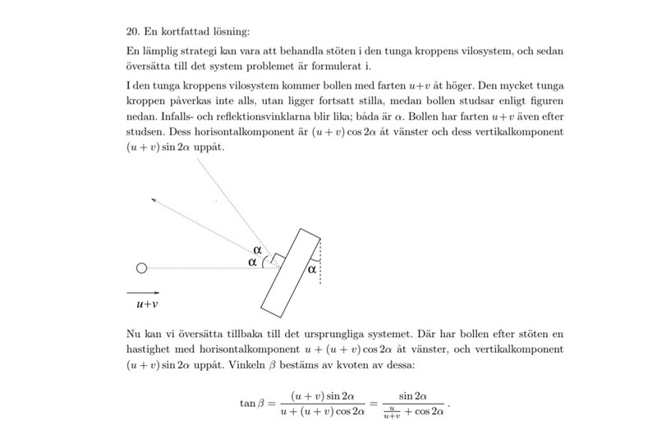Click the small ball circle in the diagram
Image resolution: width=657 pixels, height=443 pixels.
[141, 267]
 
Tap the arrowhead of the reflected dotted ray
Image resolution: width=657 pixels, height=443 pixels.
[154, 199]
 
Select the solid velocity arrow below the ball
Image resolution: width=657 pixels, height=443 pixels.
[143, 290]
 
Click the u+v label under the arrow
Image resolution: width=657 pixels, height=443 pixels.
[147, 304]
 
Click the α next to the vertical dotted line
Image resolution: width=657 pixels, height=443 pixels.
[311, 268]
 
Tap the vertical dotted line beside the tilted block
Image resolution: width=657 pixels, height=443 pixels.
[320, 262]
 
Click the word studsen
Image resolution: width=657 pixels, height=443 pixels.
[145, 132]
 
